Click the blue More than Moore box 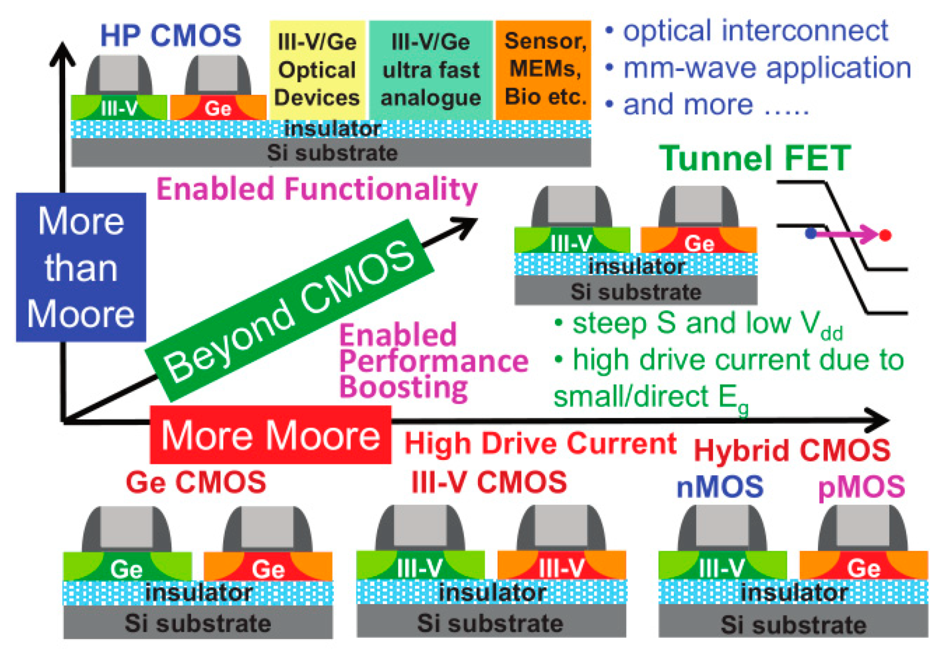pos(81,267)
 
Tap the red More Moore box pos(271,435)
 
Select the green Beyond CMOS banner pos(289,310)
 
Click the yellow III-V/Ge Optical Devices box pos(317,70)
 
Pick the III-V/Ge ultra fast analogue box pos(431,70)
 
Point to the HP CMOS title pos(170,36)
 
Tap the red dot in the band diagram pos(885,235)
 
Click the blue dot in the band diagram pos(810,233)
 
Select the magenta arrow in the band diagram pos(847,234)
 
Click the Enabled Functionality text pos(317,190)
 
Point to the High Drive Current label pos(540,443)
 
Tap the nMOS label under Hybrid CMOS pos(720,487)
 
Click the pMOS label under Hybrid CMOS pos(862,487)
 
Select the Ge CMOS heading pos(196,482)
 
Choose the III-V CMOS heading pos(489,482)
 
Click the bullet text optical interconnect pos(755,31)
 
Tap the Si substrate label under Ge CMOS pos(197,623)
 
